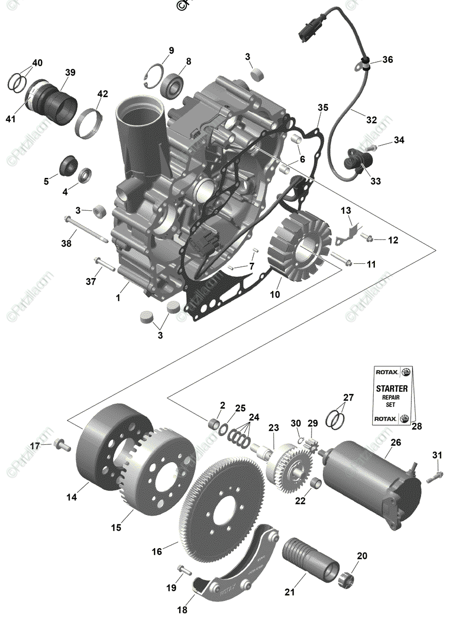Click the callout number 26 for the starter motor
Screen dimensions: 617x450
coord(395,442)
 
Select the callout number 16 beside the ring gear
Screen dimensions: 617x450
coord(157,551)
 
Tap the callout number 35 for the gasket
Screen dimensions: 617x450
coord(323,107)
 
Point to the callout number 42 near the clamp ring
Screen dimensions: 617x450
coord(103,94)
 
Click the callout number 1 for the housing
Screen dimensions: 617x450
coord(119,297)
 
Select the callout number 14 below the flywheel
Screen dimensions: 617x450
coord(71,497)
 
